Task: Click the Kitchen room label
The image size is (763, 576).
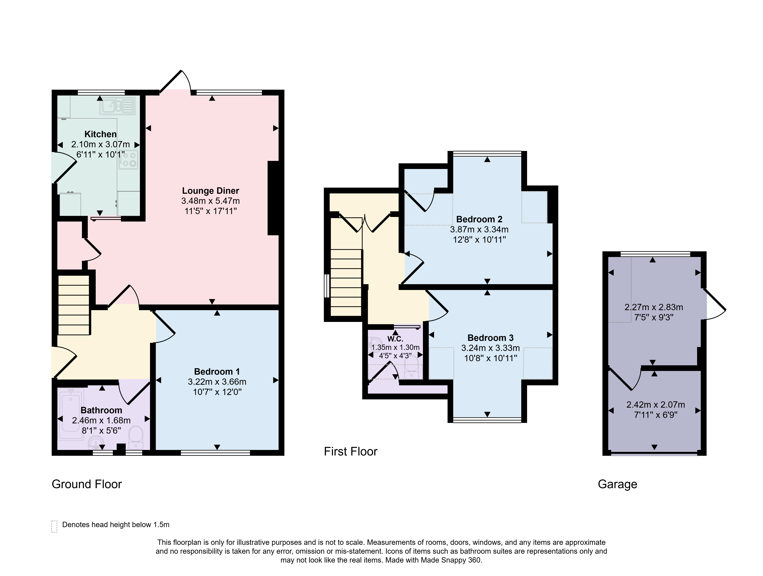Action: [x=100, y=134]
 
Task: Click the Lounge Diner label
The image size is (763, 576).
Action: [x=210, y=191]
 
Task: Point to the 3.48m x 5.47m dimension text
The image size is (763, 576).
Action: [x=210, y=201]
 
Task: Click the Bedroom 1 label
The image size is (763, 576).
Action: [x=217, y=372]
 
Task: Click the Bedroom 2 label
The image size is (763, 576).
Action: [x=479, y=219]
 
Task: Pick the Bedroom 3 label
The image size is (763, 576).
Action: [x=491, y=338]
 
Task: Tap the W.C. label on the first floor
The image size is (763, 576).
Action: [x=395, y=339]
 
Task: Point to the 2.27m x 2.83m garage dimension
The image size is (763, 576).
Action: [x=654, y=307]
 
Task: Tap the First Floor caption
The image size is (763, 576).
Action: [x=350, y=452]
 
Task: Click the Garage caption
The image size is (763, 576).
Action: [x=617, y=484]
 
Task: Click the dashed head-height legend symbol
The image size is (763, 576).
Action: [x=54, y=526]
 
